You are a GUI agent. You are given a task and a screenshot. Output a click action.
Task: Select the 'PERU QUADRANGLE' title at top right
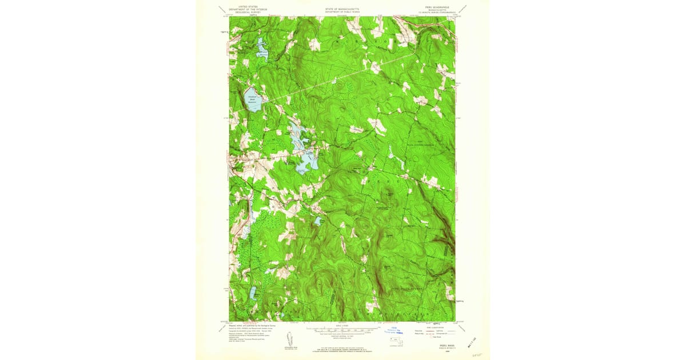tap(437, 7)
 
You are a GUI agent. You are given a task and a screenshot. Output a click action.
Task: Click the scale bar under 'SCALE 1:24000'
tap(342, 330)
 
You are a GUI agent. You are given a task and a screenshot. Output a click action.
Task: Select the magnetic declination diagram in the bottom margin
tap(291, 341)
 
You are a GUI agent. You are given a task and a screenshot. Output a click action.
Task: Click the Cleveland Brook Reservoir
tap(253, 99)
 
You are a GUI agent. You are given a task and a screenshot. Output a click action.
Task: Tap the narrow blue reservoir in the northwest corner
tap(261, 49)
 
